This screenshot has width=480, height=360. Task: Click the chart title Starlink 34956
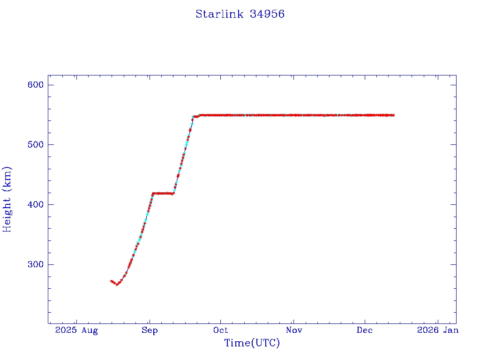[x=240, y=14]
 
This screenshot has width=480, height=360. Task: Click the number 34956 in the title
[x=267, y=14]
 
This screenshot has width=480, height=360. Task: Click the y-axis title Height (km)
[x=7, y=199]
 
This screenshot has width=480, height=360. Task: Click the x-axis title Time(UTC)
[x=252, y=343]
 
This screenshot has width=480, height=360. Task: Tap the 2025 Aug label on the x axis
[x=76, y=330]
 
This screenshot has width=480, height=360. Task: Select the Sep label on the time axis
[x=150, y=330]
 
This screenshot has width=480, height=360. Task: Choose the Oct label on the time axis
[x=221, y=330]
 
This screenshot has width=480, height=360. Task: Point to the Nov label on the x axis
[x=294, y=330]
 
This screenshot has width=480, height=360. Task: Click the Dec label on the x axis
[x=365, y=330]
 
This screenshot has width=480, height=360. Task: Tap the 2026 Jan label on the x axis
[x=437, y=330]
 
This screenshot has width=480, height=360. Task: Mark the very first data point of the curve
[x=111, y=281]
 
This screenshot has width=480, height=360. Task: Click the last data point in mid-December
[x=393, y=115]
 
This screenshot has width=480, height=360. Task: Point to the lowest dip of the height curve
[x=117, y=284]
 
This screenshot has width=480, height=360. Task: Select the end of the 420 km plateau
[x=173, y=193]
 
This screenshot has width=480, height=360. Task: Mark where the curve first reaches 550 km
[x=194, y=116]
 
